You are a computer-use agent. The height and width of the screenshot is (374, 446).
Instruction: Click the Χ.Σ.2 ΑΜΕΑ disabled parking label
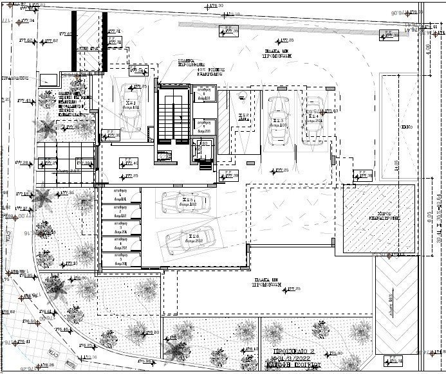(x=243, y=117)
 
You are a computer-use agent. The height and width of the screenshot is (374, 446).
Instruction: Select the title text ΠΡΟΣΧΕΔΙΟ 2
(x=293, y=353)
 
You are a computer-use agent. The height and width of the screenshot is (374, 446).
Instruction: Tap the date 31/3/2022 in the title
(x=297, y=360)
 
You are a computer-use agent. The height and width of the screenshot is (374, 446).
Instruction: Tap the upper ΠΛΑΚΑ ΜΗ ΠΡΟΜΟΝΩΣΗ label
(x=279, y=52)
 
